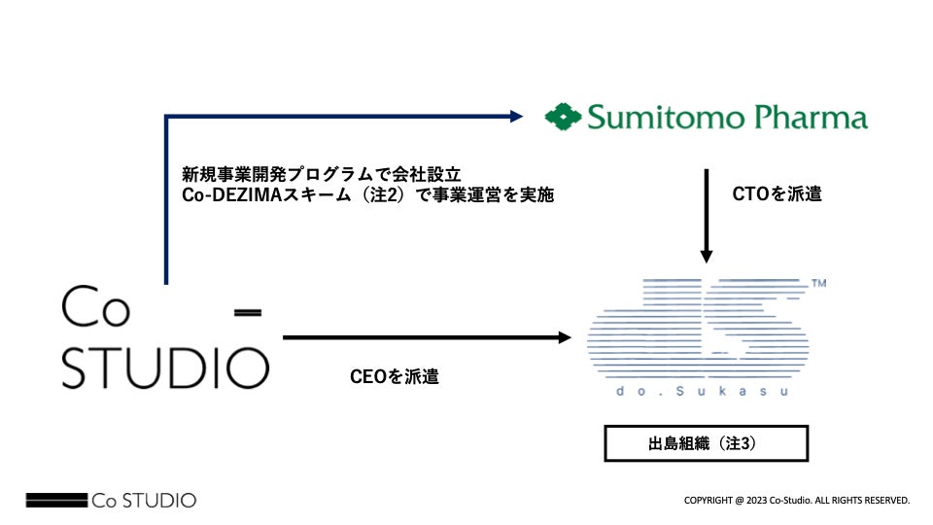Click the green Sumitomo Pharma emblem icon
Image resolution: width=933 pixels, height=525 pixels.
point(563,119)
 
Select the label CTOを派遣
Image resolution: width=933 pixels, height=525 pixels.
point(777,193)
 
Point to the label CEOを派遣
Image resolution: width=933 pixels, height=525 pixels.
point(394,376)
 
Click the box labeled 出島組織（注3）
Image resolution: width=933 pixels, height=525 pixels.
point(707,443)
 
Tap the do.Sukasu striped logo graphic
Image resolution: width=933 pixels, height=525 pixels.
point(695,326)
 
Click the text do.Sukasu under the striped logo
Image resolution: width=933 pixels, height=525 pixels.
point(701,391)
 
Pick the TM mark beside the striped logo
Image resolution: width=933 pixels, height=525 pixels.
point(818,284)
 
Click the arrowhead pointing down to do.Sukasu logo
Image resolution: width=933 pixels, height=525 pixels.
point(707,257)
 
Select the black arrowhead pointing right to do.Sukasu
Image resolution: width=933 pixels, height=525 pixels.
point(564,338)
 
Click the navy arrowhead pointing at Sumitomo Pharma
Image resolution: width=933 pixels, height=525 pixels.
point(518,117)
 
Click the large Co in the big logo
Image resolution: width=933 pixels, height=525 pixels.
point(95,309)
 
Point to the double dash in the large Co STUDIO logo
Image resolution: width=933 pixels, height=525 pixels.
point(250,312)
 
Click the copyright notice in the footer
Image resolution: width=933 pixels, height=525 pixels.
point(797,500)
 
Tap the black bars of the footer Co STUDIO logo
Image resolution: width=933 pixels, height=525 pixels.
point(56,501)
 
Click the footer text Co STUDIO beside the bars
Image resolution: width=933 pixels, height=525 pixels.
point(144,501)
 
